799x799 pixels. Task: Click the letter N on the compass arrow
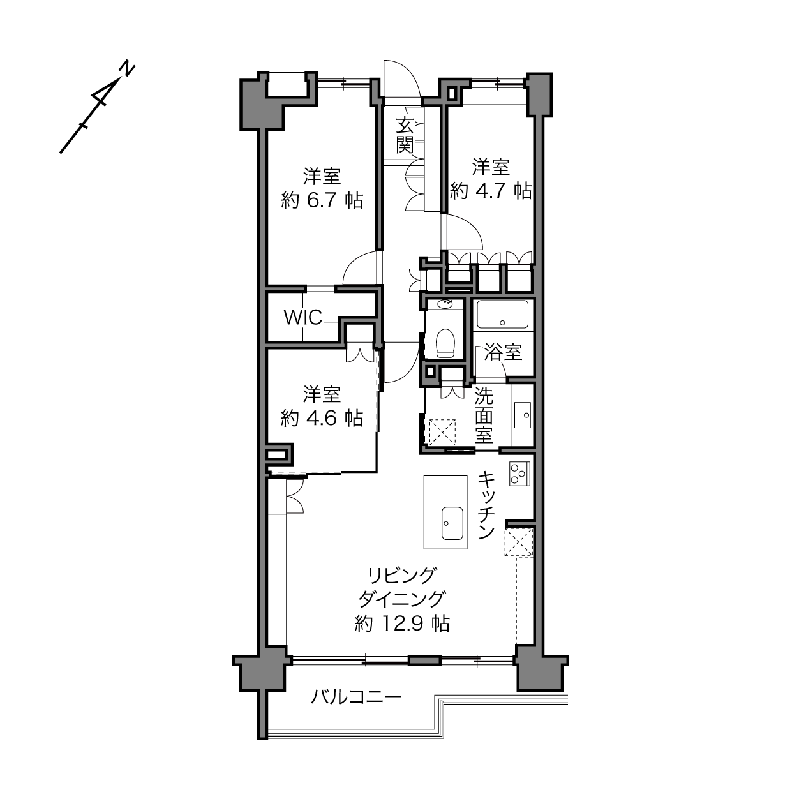pyautogui.click(x=127, y=70)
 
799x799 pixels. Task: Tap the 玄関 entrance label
pyautogui.click(x=405, y=135)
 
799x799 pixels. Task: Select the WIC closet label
pyautogui.click(x=302, y=318)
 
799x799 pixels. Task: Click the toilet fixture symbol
pyautogui.click(x=445, y=343)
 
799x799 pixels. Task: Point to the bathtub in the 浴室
pyautogui.click(x=502, y=315)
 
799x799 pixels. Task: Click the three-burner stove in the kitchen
pyautogui.click(x=519, y=473)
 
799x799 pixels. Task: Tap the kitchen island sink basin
pyautogui.click(x=452, y=523)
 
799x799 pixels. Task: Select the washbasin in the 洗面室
pyautogui.click(x=523, y=415)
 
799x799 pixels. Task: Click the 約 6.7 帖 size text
pyautogui.click(x=322, y=200)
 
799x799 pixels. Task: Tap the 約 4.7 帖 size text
pyautogui.click(x=491, y=191)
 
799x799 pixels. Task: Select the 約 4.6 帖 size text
pyautogui.click(x=322, y=418)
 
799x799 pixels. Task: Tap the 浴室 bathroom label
pyautogui.click(x=504, y=352)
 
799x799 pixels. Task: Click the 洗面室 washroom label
pyautogui.click(x=484, y=415)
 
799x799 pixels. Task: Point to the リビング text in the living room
pyautogui.click(x=403, y=575)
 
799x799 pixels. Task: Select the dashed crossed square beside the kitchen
pyautogui.click(x=519, y=542)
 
